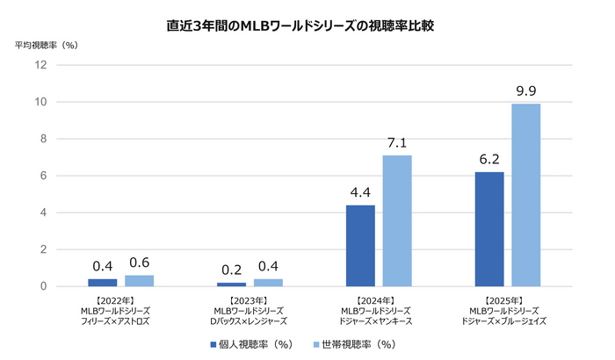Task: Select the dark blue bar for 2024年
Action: tap(360, 245)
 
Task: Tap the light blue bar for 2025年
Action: tap(526, 195)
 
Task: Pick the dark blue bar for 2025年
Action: tap(489, 228)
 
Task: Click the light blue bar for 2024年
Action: tap(397, 220)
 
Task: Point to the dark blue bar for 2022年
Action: tap(102, 282)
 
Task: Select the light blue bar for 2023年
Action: tap(268, 282)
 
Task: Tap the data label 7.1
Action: tap(397, 141)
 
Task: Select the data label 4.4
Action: tap(360, 191)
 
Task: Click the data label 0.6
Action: tap(139, 262)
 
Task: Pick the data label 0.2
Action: tap(231, 269)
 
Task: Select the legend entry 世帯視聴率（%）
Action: tap(356, 344)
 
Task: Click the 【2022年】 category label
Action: tap(120, 300)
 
